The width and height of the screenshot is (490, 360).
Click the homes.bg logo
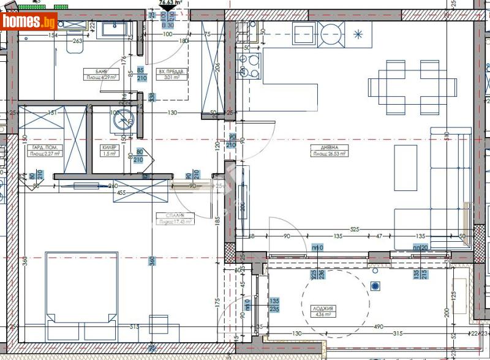(29, 22)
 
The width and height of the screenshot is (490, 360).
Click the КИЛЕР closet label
(109, 151)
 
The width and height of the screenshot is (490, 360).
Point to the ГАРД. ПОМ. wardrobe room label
(43, 151)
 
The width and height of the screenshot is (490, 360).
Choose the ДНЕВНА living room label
(330, 151)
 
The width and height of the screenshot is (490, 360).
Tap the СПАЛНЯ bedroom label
(175, 218)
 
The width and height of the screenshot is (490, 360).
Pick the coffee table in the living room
(405, 167)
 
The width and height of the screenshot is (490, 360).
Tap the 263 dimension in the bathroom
(77, 41)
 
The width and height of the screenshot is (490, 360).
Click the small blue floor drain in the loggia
(375, 285)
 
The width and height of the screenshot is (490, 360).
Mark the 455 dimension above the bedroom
(121, 192)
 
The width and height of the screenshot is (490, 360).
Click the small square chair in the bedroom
(158, 325)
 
